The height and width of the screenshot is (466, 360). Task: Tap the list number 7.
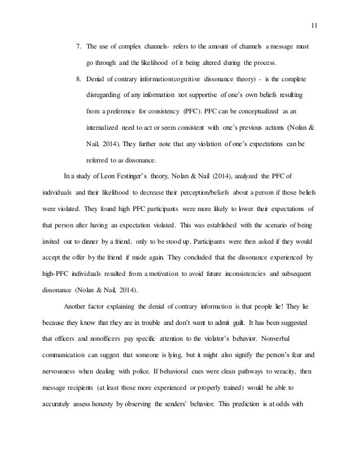click(x=78, y=45)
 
